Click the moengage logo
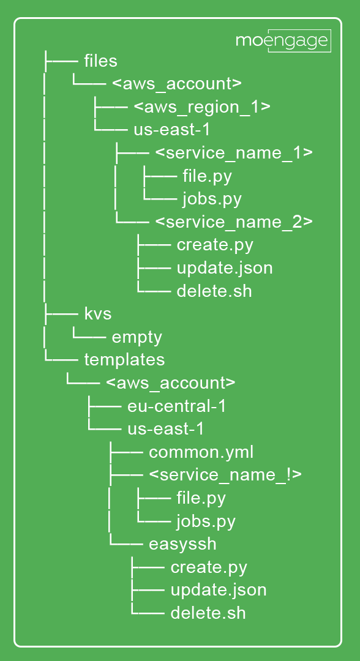283,41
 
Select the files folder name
101,61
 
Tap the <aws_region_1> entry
202,106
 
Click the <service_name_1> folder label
234,152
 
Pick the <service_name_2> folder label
234,222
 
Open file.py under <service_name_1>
207,176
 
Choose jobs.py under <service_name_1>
212,199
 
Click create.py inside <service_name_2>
215,245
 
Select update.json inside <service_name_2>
225,268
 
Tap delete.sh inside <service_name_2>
214,291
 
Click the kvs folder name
98,313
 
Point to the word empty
137,337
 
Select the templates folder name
124,360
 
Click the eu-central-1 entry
176,406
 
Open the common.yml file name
201,452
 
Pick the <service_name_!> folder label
225,475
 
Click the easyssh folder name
182,544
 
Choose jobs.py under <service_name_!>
206,521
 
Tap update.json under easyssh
219,590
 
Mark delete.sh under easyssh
208,613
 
